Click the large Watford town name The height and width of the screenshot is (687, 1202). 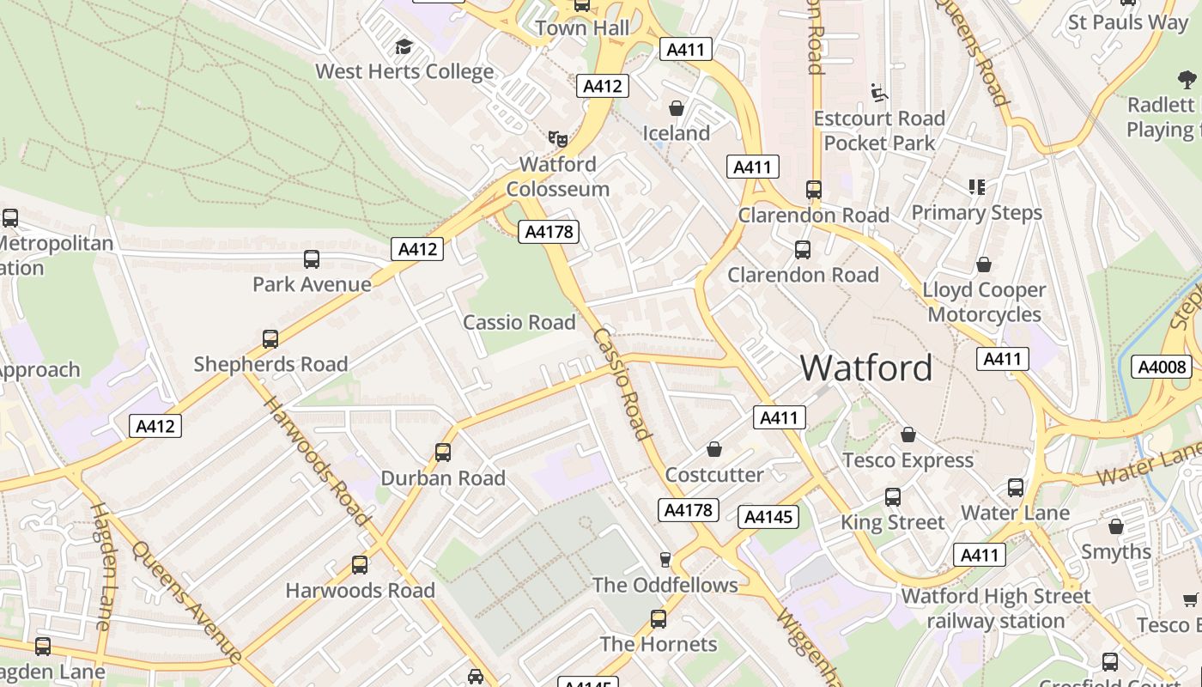(x=865, y=368)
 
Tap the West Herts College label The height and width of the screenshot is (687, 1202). (x=404, y=71)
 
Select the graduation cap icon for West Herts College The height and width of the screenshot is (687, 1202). (x=404, y=47)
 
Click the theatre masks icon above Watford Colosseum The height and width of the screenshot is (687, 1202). (x=558, y=137)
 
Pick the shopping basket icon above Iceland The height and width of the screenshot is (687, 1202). (x=677, y=108)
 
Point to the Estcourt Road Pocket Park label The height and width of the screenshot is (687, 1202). (x=879, y=130)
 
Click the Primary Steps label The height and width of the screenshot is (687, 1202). (x=976, y=212)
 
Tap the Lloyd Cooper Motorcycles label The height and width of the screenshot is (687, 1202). (x=984, y=302)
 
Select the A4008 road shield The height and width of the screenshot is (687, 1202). (x=1162, y=368)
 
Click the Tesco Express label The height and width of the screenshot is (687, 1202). (x=908, y=460)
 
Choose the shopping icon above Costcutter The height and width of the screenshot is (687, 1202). (x=714, y=449)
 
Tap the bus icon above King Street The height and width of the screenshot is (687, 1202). (x=893, y=497)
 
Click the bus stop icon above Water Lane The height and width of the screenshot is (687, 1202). (x=1016, y=488)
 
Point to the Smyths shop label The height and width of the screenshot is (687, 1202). (x=1116, y=551)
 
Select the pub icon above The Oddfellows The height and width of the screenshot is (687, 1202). (x=665, y=560)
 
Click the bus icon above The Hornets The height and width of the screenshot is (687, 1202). (x=659, y=619)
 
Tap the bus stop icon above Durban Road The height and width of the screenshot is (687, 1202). (x=443, y=453)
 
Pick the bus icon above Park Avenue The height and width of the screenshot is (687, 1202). (x=312, y=259)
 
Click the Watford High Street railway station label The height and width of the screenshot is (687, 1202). (x=996, y=608)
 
